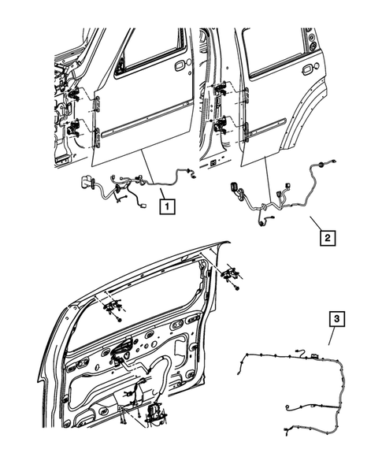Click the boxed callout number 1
(166, 208)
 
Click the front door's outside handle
(180, 65)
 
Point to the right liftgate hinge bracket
(231, 273)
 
